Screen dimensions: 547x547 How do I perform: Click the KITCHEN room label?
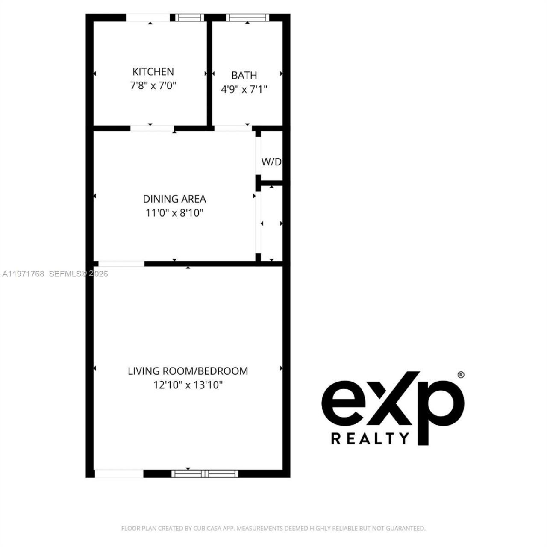(153, 71)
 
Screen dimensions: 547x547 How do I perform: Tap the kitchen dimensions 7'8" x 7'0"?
(153, 85)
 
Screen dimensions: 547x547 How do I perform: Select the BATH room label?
(244, 75)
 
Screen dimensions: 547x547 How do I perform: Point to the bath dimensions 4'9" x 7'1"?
(244, 89)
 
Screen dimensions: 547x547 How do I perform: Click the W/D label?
(271, 162)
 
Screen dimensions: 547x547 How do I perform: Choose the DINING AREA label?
(174, 199)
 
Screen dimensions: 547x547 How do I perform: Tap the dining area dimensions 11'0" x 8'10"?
(174, 213)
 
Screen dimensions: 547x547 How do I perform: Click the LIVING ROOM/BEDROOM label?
(188, 371)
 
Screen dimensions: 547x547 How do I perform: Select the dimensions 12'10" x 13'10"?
(188, 385)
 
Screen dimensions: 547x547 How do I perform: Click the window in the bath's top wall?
(247, 18)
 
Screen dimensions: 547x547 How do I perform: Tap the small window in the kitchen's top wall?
(190, 18)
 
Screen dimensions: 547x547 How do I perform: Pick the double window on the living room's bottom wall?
(205, 473)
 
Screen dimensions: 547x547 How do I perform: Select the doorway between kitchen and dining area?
(152, 128)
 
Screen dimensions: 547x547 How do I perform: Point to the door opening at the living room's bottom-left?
(119, 473)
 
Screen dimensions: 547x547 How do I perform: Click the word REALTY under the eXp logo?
(370, 438)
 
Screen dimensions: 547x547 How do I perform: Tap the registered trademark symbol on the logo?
(461, 375)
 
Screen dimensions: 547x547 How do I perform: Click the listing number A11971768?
(23, 273)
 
